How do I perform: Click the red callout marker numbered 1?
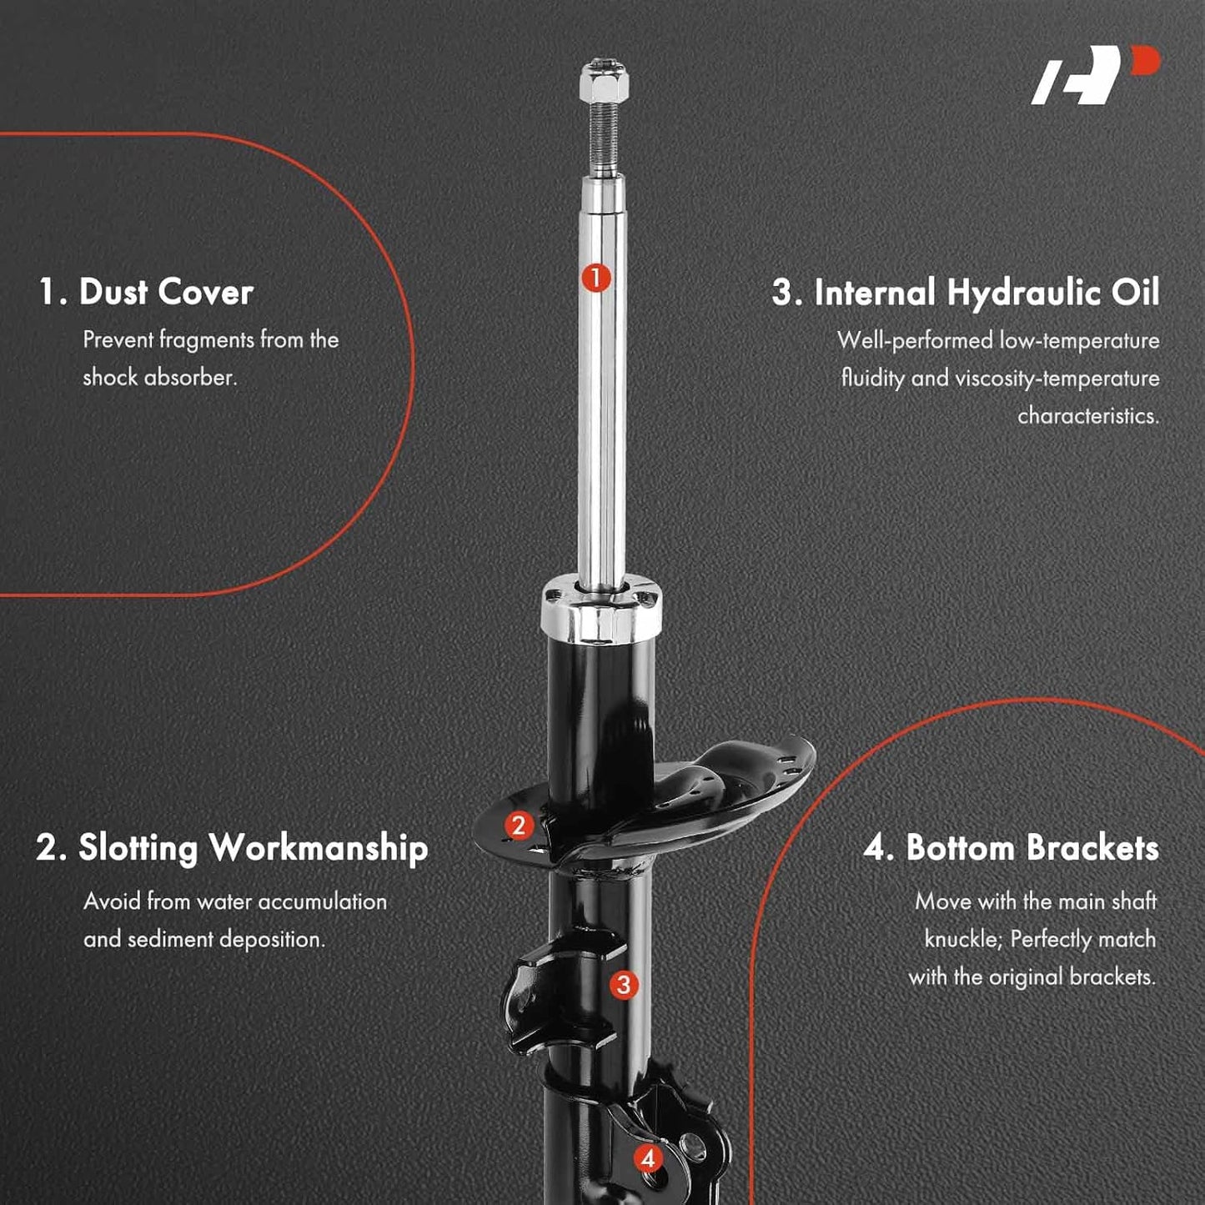(x=596, y=278)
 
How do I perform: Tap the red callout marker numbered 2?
(x=519, y=826)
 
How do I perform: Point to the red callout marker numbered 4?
(x=648, y=1158)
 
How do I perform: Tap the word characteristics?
(x=1088, y=416)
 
